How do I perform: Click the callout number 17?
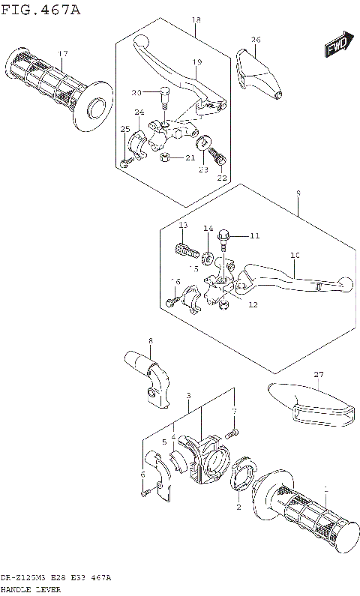pyautogui.click(x=63, y=53)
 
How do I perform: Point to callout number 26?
pyautogui.click(x=256, y=39)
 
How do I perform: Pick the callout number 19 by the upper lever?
pyautogui.click(x=196, y=61)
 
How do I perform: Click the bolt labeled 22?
pyautogui.click(x=217, y=158)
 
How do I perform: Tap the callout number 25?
pyautogui.click(x=124, y=129)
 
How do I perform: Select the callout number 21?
pyautogui.click(x=190, y=157)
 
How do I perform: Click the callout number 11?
pyautogui.click(x=254, y=236)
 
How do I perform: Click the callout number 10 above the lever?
pyautogui.click(x=295, y=256)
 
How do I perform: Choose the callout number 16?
pyautogui.click(x=176, y=281)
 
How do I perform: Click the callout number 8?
pyautogui.click(x=150, y=341)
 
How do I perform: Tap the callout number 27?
pyautogui.click(x=318, y=374)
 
